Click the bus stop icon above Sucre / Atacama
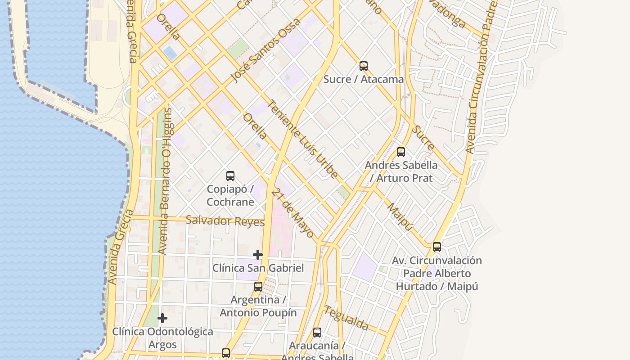(x=364, y=66)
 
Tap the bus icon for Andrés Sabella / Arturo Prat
(x=401, y=152)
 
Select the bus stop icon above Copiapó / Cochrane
(x=230, y=176)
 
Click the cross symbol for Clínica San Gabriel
(x=258, y=255)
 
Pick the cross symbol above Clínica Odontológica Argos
(x=162, y=319)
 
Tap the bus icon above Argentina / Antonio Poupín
(x=258, y=287)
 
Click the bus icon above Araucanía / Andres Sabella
(x=317, y=333)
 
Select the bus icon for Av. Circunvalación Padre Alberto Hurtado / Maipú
(x=437, y=247)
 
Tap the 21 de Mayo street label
(x=293, y=212)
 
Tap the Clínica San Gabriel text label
(x=258, y=268)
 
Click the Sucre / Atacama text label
(x=364, y=80)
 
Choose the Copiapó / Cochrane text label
(x=230, y=195)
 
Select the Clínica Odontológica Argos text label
(x=162, y=338)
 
